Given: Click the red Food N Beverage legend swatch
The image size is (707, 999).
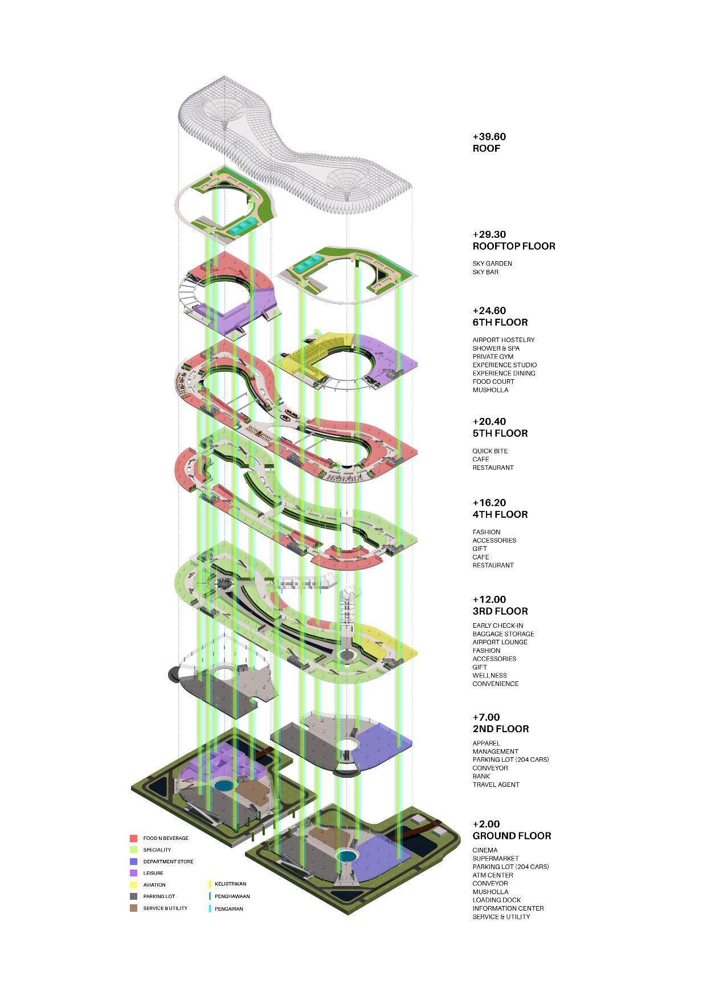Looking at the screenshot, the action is pyautogui.click(x=133, y=838).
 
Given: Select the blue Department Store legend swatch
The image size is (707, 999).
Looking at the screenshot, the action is pyautogui.click(x=133, y=862).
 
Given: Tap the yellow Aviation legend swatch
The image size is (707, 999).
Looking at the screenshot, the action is pyautogui.click(x=133, y=885).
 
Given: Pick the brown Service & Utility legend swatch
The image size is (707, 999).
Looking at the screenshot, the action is pyautogui.click(x=133, y=908).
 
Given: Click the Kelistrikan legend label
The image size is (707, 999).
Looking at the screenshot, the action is pyautogui.click(x=230, y=884).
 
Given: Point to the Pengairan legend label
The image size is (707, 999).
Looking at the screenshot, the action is pyautogui.click(x=228, y=909).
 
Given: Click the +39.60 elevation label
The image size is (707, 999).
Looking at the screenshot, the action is pyautogui.click(x=489, y=137).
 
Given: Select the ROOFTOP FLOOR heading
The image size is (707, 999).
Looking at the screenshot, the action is pyautogui.click(x=513, y=246).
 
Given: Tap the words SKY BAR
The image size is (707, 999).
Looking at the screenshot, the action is pyautogui.click(x=485, y=272).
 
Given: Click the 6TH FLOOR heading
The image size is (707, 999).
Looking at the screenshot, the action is pyautogui.click(x=500, y=322).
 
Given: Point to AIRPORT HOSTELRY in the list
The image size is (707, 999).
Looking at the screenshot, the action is pyautogui.click(x=503, y=340).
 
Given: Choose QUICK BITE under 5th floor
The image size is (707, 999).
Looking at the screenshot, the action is pyautogui.click(x=489, y=451).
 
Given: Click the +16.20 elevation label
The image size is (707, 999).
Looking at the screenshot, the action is pyautogui.click(x=489, y=503).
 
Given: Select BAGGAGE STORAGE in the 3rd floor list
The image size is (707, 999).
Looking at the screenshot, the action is pyautogui.click(x=503, y=634).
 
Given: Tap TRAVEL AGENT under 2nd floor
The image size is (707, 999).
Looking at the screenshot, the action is pyautogui.click(x=496, y=785).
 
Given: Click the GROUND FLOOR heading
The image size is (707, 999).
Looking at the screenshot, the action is pyautogui.click(x=512, y=836).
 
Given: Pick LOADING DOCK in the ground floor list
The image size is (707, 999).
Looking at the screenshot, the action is pyautogui.click(x=496, y=900).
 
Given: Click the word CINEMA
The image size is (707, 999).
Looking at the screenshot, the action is pyautogui.click(x=485, y=850).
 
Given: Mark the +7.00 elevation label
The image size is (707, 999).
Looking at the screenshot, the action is pyautogui.click(x=486, y=717).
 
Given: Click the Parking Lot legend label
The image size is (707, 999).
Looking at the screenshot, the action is pyautogui.click(x=159, y=896).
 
